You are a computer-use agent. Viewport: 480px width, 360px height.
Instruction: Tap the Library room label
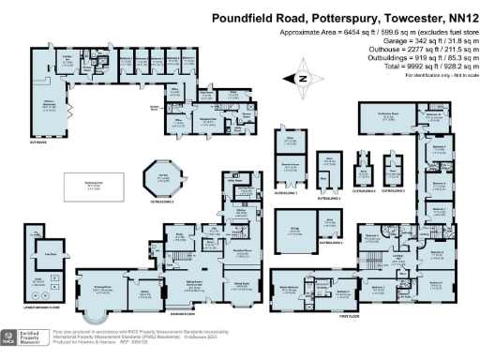[x=145, y=293]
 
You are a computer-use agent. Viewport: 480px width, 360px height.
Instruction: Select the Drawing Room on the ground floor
[x=101, y=292]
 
